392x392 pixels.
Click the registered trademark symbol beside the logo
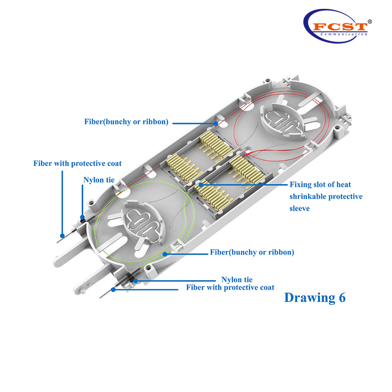pyautogui.click(x=370, y=22)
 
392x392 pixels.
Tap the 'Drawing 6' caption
pyautogui.click(x=315, y=297)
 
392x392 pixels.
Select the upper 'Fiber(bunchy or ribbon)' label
pyautogui.click(x=126, y=122)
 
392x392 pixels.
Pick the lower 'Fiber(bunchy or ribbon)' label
pyautogui.click(x=252, y=252)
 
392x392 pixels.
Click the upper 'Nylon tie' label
pyautogui.click(x=99, y=180)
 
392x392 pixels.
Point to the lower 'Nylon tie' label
pyautogui.click(x=237, y=279)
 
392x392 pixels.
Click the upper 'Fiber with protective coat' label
pyautogui.click(x=77, y=163)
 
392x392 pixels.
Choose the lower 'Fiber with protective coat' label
pyautogui.click(x=230, y=288)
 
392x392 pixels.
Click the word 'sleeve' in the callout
pyautogui.click(x=299, y=208)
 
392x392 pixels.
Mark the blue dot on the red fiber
pyautogui.click(x=216, y=123)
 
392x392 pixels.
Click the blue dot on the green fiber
pyautogui.click(x=165, y=254)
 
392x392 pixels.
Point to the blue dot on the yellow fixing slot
pyautogui.click(x=201, y=185)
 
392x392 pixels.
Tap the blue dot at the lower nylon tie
pyautogui.click(x=135, y=281)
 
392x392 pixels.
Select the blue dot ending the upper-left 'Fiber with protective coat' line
pyautogui.click(x=62, y=236)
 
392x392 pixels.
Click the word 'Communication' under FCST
pyautogui.click(x=344, y=34)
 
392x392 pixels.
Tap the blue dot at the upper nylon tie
pyautogui.click(x=82, y=217)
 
